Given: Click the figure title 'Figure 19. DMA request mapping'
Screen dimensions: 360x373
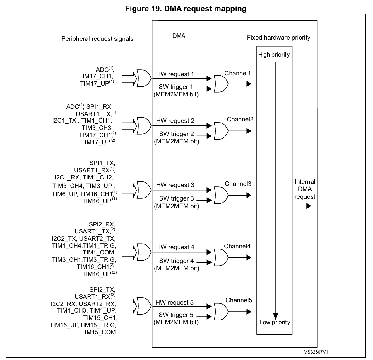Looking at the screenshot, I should [186, 9].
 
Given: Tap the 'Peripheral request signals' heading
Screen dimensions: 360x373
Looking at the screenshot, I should [97, 39].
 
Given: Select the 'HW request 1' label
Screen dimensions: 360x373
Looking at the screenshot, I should [175, 74].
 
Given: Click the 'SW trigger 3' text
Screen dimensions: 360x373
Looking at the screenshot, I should [176, 198].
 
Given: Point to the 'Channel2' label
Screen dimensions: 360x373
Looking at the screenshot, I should [240, 119].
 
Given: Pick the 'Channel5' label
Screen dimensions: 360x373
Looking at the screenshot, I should [239, 300].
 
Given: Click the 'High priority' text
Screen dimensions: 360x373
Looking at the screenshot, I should [274, 55].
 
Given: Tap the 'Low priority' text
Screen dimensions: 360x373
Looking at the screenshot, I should [275, 322].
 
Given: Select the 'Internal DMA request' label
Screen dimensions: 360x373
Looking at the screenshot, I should [305, 189].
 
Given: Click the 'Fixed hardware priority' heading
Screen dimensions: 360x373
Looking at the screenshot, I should [278, 38].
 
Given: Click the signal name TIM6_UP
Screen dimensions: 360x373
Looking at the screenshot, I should [64, 194].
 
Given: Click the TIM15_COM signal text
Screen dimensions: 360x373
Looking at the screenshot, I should [98, 332].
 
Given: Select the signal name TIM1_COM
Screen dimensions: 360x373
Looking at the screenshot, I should [99, 252].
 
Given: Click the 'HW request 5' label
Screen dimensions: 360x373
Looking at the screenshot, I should [174, 303].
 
